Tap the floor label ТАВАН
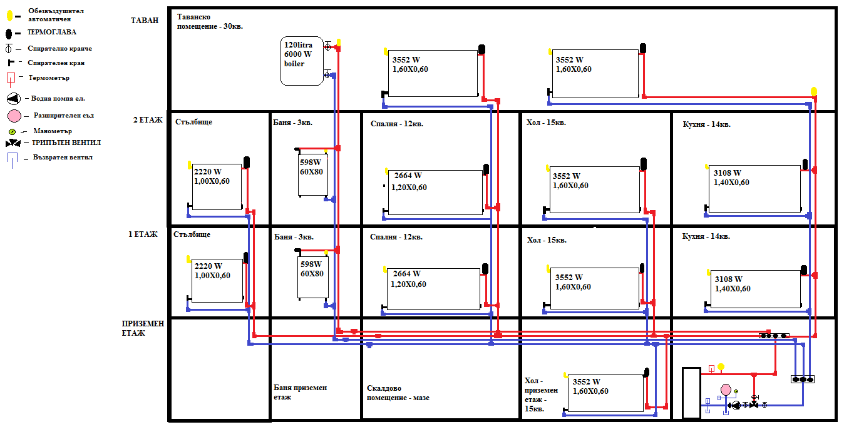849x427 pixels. pos(145,20)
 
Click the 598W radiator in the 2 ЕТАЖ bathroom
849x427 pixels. pos(313,174)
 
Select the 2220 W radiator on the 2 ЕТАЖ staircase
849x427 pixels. pos(217,186)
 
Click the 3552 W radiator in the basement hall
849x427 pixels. pos(604,393)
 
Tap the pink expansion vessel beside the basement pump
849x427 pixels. pos(726,390)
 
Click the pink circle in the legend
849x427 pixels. pos(15,116)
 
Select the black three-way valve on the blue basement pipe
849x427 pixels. pos(754,406)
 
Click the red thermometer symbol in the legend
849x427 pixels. pos(10,79)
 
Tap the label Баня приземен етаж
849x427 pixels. pos(301,392)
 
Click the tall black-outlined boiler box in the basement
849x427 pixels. pos(691,393)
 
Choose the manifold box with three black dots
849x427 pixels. pos(802,379)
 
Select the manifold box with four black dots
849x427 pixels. pos(774,336)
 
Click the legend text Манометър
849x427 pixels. pos(51,131)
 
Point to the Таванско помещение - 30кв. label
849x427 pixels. pos(210,22)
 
